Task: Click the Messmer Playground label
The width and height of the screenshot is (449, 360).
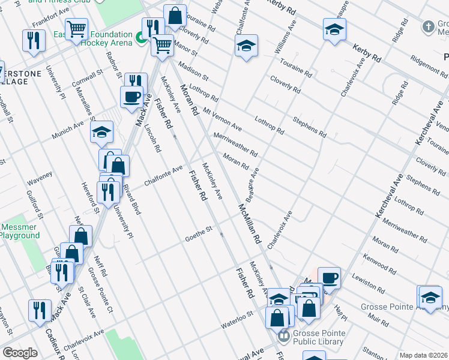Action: (19, 231)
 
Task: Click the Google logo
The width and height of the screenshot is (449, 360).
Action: (20, 353)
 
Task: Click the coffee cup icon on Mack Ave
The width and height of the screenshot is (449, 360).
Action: (131, 96)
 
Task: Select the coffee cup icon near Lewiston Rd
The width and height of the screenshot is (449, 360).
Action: (329, 278)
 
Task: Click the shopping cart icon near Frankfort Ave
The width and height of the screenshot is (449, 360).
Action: (76, 28)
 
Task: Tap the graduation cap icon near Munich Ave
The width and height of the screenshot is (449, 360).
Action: (102, 131)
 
